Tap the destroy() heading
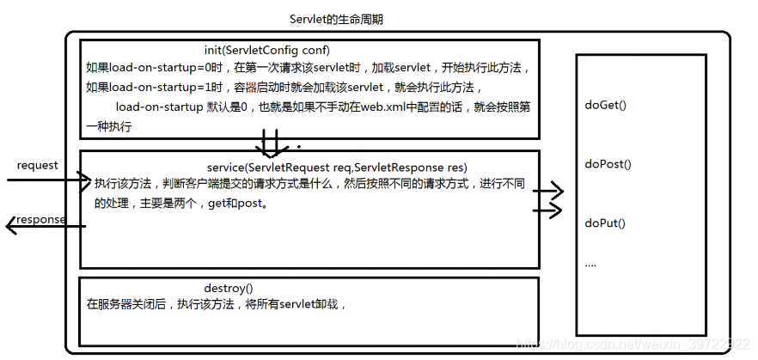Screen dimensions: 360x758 pyautogui.click(x=229, y=287)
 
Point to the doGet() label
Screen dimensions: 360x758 pyautogui.click(x=606, y=105)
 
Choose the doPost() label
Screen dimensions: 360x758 pyautogui.click(x=608, y=163)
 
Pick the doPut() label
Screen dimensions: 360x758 pyautogui.click(x=605, y=223)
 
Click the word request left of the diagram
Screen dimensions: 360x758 pyautogui.click(x=38, y=165)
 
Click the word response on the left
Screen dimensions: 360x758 pyautogui.click(x=41, y=219)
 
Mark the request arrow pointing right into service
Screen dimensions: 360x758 pyautogui.click(x=47, y=180)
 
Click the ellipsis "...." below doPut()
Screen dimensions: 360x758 pyautogui.click(x=590, y=265)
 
